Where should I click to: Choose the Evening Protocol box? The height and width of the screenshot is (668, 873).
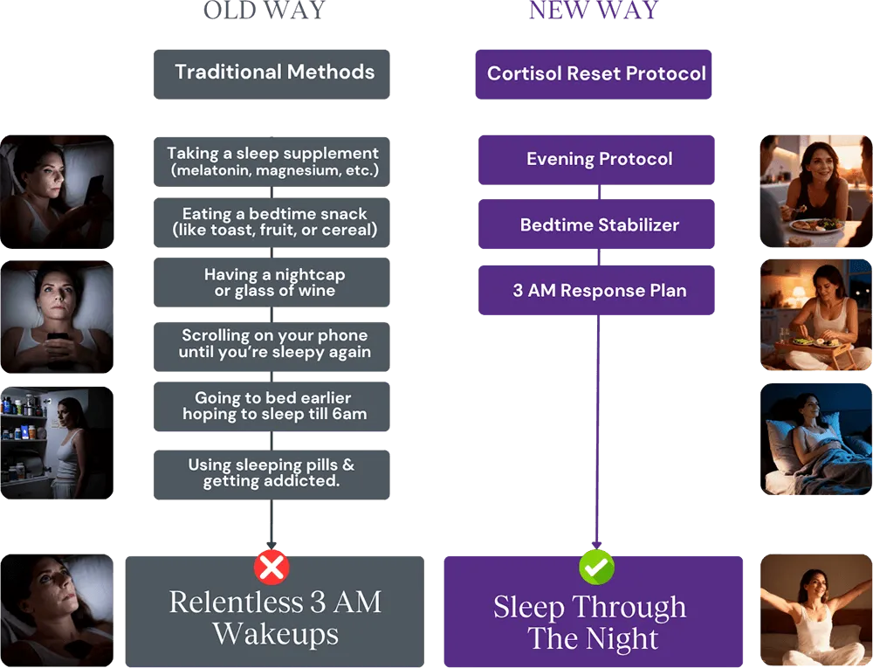tap(597, 160)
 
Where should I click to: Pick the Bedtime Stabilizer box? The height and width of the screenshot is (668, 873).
tap(597, 225)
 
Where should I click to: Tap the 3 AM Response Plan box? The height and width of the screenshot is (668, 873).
tap(597, 291)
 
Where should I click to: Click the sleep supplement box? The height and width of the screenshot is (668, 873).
tap(272, 161)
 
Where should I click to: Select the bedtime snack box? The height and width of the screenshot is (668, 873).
tap(272, 222)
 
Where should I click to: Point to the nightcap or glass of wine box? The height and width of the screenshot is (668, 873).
tap(272, 282)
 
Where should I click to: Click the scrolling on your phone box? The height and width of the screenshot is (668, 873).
tap(272, 343)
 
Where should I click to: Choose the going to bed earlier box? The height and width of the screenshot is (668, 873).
tap(272, 405)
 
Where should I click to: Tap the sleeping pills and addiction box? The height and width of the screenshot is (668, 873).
tap(272, 473)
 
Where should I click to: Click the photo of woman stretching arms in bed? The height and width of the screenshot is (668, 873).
tap(813, 609)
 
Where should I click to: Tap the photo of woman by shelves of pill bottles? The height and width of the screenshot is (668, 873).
tap(58, 444)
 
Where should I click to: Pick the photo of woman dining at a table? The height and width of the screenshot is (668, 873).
tap(813, 189)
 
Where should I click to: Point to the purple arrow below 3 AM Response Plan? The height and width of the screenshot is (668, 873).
tap(597, 428)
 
